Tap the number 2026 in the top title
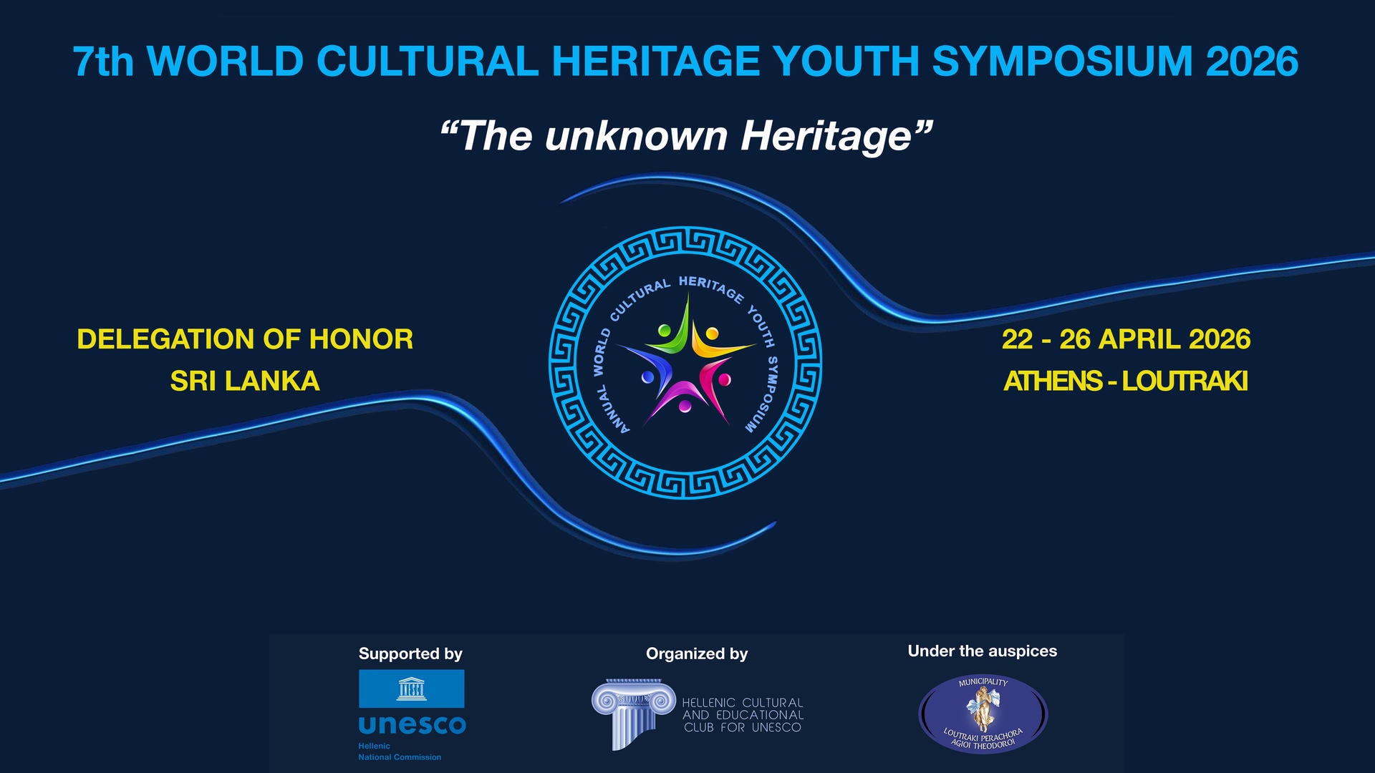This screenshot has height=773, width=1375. (1252, 61)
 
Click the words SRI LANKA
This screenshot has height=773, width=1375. (245, 381)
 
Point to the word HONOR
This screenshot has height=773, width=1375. (361, 339)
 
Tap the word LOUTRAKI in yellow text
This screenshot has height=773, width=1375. (1185, 381)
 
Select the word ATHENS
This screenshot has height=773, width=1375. (1053, 381)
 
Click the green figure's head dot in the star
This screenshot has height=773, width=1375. (665, 331)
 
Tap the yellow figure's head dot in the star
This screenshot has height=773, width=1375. (712, 333)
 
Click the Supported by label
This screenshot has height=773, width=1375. (410, 653)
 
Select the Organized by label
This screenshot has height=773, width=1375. (697, 653)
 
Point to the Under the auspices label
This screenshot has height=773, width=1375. (983, 651)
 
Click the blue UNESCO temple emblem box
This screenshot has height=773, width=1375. (412, 689)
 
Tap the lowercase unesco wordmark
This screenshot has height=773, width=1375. (412, 725)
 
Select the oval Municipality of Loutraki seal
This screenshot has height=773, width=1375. (983, 714)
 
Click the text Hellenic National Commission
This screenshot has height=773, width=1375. (400, 752)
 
